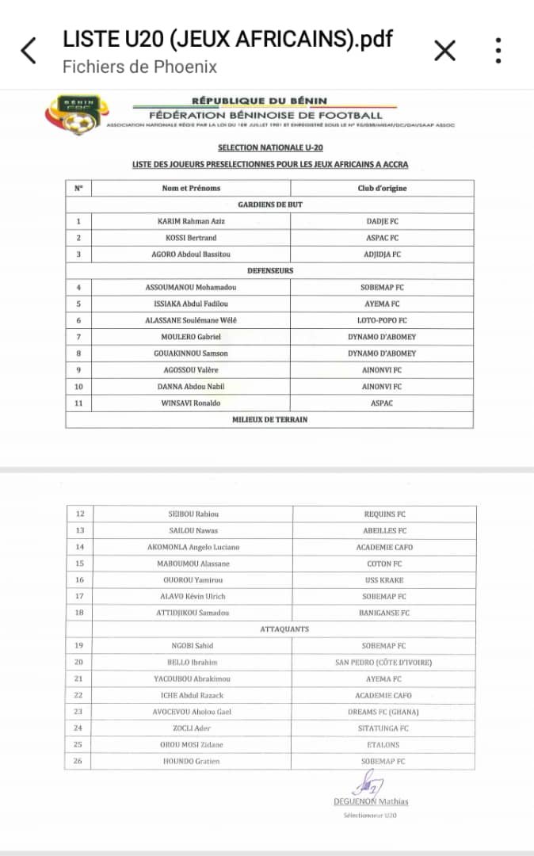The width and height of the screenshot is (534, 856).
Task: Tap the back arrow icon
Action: [29, 51]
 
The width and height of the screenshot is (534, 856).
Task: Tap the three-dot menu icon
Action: [498, 51]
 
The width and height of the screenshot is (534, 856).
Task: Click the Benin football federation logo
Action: [74, 113]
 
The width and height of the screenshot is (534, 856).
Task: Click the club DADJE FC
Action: [382, 221]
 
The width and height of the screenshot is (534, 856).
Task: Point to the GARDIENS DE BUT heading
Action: [270, 204]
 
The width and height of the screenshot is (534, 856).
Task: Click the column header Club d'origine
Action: [382, 188]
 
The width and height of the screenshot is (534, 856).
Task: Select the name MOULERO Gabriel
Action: [191, 337]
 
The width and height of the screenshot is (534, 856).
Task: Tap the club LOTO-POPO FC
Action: [382, 320]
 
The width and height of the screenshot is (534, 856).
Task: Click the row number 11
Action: [78, 403]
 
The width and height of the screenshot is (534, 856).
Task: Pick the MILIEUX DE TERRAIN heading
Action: [270, 419]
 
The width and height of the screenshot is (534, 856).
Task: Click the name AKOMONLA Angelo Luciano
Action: [193, 547]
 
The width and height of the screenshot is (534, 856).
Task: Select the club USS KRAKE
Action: [385, 580]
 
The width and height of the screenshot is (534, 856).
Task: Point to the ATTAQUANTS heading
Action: [284, 629]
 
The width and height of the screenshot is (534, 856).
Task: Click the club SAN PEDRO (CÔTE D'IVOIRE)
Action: [384, 663]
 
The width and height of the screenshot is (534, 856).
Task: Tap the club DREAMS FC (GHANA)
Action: [384, 712]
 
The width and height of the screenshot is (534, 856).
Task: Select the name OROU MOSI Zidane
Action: [191, 745]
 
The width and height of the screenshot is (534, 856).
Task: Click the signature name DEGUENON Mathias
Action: [371, 801]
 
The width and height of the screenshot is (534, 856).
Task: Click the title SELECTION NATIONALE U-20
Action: [270, 147]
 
